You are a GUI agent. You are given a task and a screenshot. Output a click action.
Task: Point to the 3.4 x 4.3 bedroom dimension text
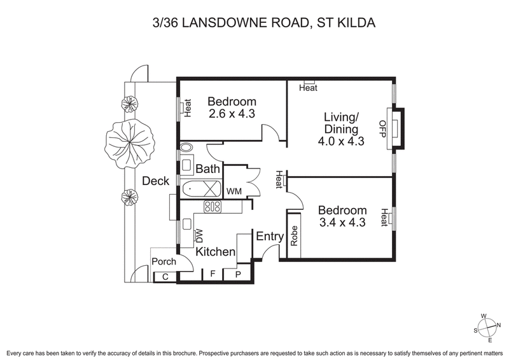(342, 223)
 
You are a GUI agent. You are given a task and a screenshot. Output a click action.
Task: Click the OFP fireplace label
(383, 129)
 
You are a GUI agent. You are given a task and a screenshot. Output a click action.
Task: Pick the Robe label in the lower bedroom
(294, 237)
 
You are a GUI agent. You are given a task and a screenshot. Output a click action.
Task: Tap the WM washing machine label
(234, 191)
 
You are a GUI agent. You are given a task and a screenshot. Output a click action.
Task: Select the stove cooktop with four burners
(212, 206)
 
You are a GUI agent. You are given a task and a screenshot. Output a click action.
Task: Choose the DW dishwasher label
(199, 236)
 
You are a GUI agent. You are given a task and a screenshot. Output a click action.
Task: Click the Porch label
(164, 261)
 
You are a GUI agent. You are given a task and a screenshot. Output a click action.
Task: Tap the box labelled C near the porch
(165, 276)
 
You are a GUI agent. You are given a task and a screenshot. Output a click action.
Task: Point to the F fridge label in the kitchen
(212, 275)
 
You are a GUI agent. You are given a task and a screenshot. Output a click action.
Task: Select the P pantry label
(239, 275)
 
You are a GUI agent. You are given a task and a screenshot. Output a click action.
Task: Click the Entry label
(269, 237)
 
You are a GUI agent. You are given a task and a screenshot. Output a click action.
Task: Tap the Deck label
(155, 181)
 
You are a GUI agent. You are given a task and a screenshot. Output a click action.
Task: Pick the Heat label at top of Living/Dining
(308, 88)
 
